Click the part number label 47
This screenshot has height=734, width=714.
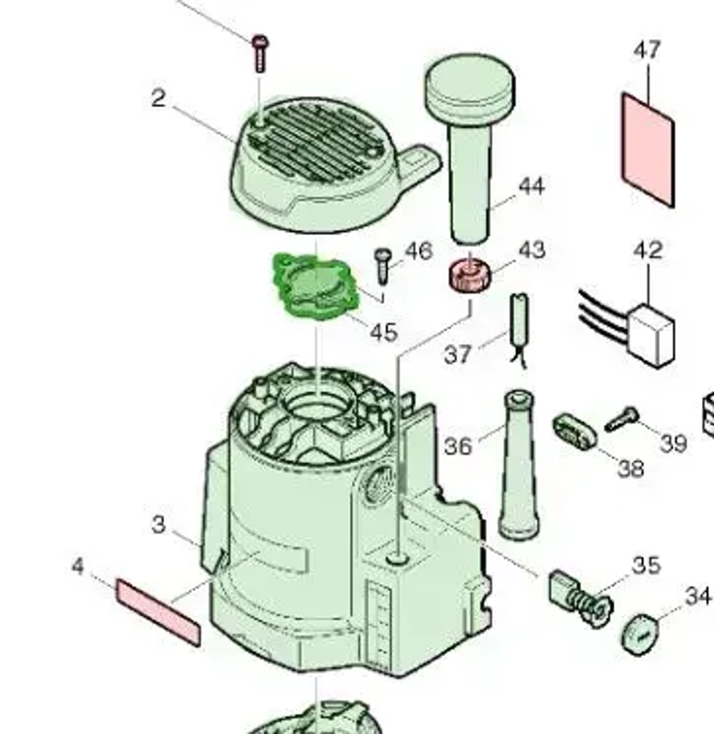(x=647, y=51)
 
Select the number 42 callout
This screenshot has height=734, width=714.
(x=648, y=251)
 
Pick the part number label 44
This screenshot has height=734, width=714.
(x=531, y=187)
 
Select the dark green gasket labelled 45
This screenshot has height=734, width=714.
(x=313, y=286)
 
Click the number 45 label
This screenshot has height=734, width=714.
(x=383, y=332)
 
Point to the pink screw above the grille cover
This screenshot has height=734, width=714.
(x=259, y=51)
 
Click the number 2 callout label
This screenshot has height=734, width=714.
(x=159, y=99)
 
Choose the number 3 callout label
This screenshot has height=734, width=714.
(x=159, y=525)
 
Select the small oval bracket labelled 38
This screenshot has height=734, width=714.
(x=574, y=431)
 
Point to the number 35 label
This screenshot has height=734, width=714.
(x=645, y=565)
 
